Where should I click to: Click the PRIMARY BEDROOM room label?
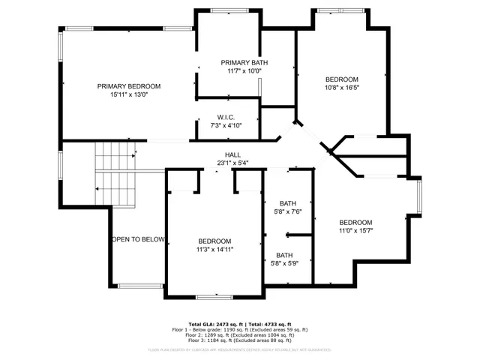[x=129, y=86]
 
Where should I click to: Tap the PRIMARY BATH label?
[x=244, y=62]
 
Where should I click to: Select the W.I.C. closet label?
[x=226, y=117]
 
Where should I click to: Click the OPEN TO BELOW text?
[x=138, y=239]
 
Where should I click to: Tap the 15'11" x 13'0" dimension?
[x=129, y=95]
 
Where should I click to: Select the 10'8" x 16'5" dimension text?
[x=341, y=88]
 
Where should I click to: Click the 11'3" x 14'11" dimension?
[x=214, y=249]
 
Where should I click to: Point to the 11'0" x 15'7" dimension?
[x=355, y=231]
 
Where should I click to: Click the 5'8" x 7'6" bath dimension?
[x=288, y=211]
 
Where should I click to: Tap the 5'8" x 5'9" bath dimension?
[x=285, y=263]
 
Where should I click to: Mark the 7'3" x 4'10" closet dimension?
[x=226, y=125]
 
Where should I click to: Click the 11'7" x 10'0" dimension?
[x=244, y=71]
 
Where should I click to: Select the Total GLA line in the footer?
[x=240, y=324]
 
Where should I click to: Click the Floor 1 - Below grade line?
[x=240, y=330]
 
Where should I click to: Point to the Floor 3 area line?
[x=240, y=342]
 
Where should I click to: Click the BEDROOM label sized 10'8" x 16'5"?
[x=341, y=79]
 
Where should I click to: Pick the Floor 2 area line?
[x=240, y=336]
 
